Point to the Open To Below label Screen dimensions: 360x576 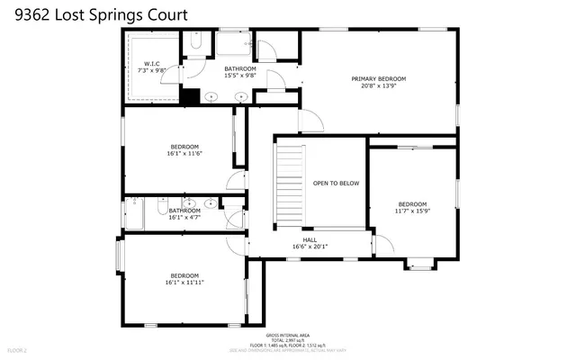click(336, 184)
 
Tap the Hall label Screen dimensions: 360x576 click(310, 239)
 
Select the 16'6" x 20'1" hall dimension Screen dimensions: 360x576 click(310, 247)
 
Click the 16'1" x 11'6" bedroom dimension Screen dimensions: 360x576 click(184, 154)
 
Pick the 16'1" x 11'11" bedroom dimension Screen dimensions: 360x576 click(184, 283)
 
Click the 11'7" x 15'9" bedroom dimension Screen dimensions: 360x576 click(412, 211)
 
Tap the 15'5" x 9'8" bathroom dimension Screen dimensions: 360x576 click(240, 76)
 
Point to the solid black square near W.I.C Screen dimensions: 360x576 click(190, 97)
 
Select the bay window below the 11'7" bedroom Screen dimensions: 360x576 click(418, 264)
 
